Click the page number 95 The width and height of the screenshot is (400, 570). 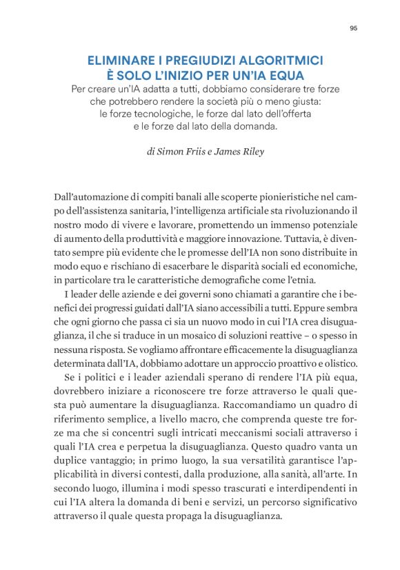[353, 28]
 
